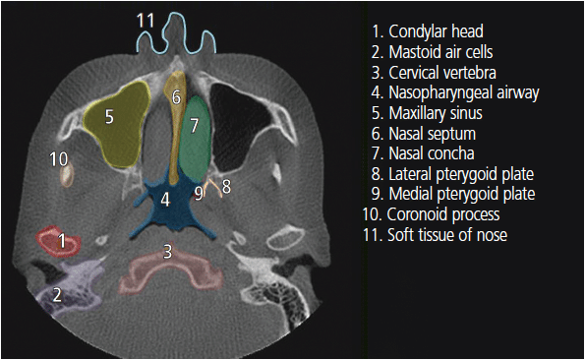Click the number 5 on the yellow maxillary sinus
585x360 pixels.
pyautogui.click(x=109, y=117)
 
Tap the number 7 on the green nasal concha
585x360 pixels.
pyautogui.click(x=194, y=126)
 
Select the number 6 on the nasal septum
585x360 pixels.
pyautogui.click(x=176, y=97)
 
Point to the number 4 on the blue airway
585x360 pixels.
pyautogui.click(x=165, y=200)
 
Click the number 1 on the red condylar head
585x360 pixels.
pyautogui.click(x=62, y=241)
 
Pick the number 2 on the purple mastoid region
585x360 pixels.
pyautogui.click(x=57, y=295)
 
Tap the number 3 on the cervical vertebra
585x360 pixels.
pyautogui.click(x=168, y=252)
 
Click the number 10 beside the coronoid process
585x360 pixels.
pyautogui.click(x=59, y=159)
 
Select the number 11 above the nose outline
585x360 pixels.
pyautogui.click(x=146, y=21)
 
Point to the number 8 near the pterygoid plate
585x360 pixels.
pyautogui.click(x=226, y=187)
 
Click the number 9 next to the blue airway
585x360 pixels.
pyautogui.click(x=199, y=193)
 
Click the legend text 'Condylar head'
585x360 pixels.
pyautogui.click(x=436, y=31)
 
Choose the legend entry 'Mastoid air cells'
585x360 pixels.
pyautogui.click(x=440, y=52)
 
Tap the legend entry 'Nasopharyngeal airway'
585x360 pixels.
pyautogui.click(x=464, y=92)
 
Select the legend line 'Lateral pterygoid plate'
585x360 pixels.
pyautogui.click(x=461, y=174)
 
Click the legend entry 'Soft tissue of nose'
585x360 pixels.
pyautogui.click(x=447, y=235)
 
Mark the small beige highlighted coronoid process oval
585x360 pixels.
pyautogui.click(x=67, y=176)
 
